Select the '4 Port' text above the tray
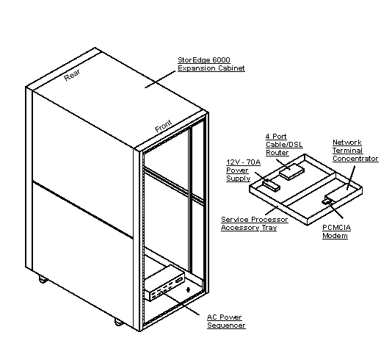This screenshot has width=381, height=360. pyautogui.click(x=275, y=137)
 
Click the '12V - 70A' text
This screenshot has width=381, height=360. pyautogui.click(x=239, y=161)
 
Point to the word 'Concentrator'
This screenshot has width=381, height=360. pyautogui.click(x=355, y=158)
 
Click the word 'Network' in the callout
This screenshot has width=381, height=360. pyautogui.click(x=346, y=142)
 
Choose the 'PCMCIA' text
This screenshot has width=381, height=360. pyautogui.click(x=336, y=228)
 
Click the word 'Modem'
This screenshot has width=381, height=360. pyautogui.click(x=334, y=236)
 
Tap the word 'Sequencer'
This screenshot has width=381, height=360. pyautogui.click(x=225, y=325)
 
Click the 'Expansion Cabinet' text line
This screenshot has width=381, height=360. pyautogui.click(x=211, y=68)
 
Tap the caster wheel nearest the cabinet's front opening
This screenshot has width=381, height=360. pyautogui.click(x=117, y=321)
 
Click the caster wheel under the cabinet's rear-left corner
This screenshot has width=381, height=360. pyautogui.click(x=41, y=280)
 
